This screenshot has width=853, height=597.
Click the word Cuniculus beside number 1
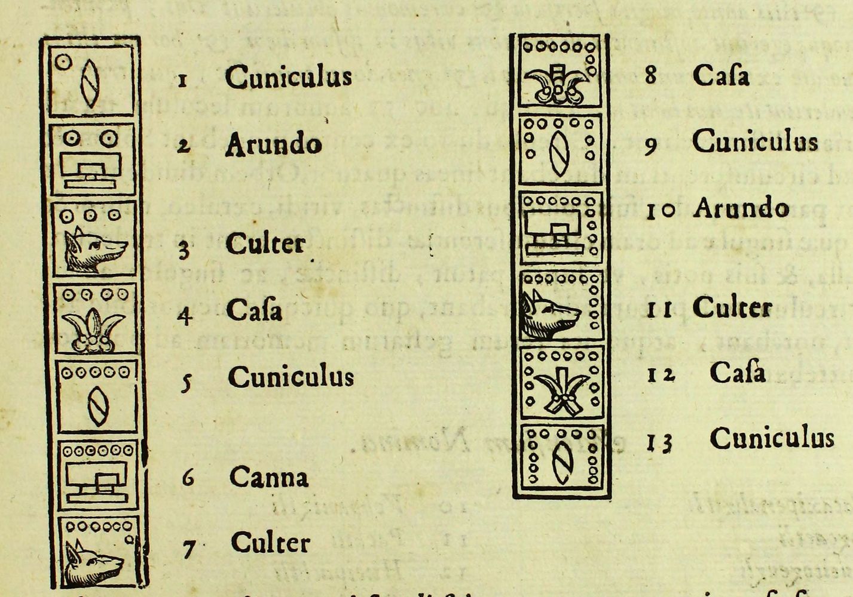pyautogui.click(x=288, y=77)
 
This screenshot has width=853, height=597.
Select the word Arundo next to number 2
pyautogui.click(x=273, y=144)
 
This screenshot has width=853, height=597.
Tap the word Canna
pyautogui.click(x=269, y=477)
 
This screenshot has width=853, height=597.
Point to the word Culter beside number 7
pyautogui.click(x=270, y=543)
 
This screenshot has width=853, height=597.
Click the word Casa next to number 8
pyautogui.click(x=720, y=75)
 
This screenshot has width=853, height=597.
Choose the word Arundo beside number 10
pyautogui.click(x=741, y=208)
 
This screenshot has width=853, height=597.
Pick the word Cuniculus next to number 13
pyautogui.click(x=772, y=438)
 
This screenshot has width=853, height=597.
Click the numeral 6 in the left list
pyautogui.click(x=188, y=478)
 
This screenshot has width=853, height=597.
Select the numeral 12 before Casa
pyautogui.click(x=661, y=374)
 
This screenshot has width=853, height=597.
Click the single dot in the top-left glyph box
pyautogui.click(x=63, y=61)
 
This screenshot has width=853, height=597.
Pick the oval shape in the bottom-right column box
pyautogui.click(x=561, y=464)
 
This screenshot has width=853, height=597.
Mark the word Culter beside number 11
pyautogui.click(x=732, y=308)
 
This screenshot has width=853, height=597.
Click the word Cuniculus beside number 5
pyautogui.click(x=291, y=377)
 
